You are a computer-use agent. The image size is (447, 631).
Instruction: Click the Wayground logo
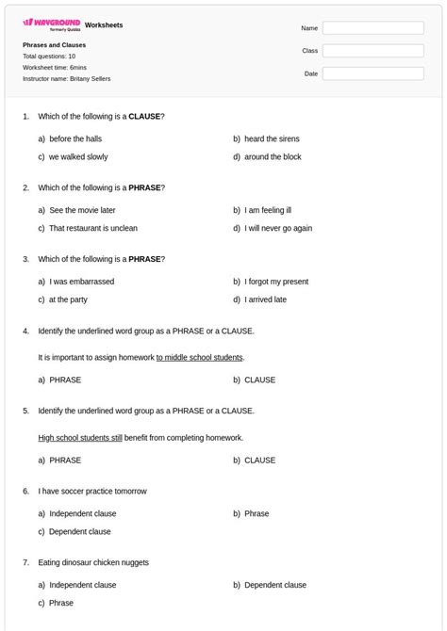[x=51, y=24]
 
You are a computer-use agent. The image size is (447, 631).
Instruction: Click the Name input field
[x=372, y=28]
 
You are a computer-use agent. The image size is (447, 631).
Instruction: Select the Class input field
[x=372, y=51]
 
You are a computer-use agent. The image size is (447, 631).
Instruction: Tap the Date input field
[x=372, y=73]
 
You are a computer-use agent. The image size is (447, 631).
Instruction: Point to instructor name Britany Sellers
[x=66, y=79]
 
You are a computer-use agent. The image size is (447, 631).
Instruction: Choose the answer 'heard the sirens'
[x=272, y=138]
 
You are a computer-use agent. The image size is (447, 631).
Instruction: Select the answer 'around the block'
[x=273, y=157]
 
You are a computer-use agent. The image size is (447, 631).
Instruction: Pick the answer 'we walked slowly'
[x=78, y=157]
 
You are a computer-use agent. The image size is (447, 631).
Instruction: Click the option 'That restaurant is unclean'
[x=92, y=228]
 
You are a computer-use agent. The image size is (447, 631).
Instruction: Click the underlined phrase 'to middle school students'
[x=200, y=358]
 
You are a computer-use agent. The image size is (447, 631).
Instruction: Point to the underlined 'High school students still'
[x=80, y=438]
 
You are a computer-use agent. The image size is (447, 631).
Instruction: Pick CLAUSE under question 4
[x=259, y=380]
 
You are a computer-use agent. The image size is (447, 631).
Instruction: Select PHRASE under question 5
[x=65, y=461]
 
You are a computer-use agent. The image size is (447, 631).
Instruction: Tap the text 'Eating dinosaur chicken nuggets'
[x=93, y=562]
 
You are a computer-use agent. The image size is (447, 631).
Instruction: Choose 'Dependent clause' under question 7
[x=275, y=585]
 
